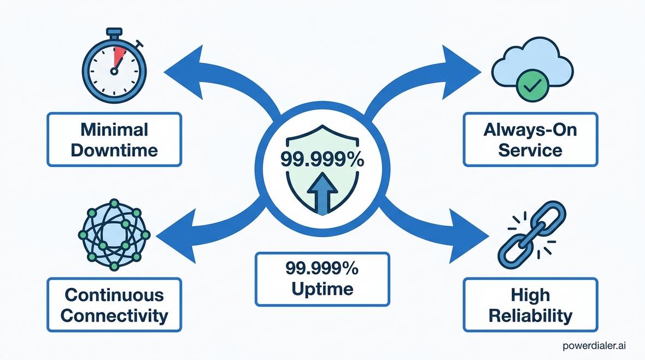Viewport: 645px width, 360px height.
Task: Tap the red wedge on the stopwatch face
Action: pyautogui.click(x=119, y=56)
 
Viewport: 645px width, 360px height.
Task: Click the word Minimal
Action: pyautogui.click(x=114, y=129)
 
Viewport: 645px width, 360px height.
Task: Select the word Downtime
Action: pyautogui.click(x=114, y=150)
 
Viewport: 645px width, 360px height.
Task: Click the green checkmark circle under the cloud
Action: pyautogui.click(x=532, y=85)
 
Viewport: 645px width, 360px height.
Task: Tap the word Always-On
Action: pyautogui.click(x=530, y=130)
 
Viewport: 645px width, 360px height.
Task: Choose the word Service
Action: pyautogui.click(x=530, y=150)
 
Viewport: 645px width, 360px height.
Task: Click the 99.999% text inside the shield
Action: pyautogui.click(x=322, y=159)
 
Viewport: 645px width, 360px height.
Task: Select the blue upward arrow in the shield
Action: pyautogui.click(x=322, y=193)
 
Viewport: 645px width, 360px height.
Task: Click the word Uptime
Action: pyautogui.click(x=322, y=289)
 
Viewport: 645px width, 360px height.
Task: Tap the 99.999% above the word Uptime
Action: pyautogui.click(x=322, y=268)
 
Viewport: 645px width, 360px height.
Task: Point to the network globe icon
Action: pyautogui.click(x=114, y=235)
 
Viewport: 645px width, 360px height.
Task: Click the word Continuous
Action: pyautogui.click(x=114, y=294)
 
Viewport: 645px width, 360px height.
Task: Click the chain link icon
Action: pyautogui.click(x=531, y=235)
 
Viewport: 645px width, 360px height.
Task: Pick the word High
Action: pyautogui.click(x=530, y=295)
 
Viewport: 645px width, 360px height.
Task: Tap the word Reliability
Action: pyautogui.click(x=530, y=316)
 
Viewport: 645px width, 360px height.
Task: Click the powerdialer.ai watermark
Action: pyautogui.click(x=594, y=346)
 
